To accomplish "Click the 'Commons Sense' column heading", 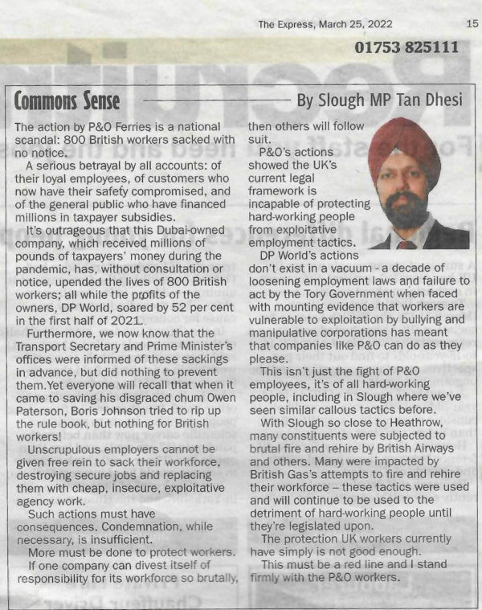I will (x=67, y=100).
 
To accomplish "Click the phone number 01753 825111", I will (x=407, y=48).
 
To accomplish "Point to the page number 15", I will (x=472, y=24).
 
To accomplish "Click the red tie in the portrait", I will (x=407, y=244).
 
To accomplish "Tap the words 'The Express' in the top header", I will (x=285, y=24).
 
